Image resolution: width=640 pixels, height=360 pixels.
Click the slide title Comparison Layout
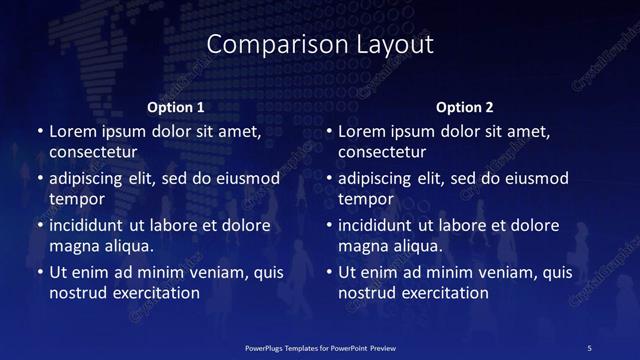pyautogui.click(x=320, y=45)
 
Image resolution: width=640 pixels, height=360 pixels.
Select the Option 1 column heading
pyautogui.click(x=176, y=106)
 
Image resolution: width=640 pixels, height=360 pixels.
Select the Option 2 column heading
pyautogui.click(x=465, y=106)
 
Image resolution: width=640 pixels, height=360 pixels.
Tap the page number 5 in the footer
pyautogui.click(x=591, y=346)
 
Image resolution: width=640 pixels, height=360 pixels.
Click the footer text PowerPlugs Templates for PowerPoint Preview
pyautogui.click(x=320, y=346)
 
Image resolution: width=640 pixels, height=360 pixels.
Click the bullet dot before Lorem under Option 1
pyautogui.click(x=39, y=132)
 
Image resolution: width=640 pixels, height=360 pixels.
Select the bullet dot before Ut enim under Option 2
pyautogui.click(x=329, y=273)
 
